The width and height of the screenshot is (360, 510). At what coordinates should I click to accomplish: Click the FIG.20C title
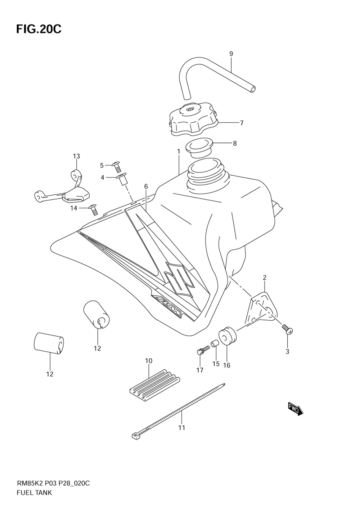(x=39, y=29)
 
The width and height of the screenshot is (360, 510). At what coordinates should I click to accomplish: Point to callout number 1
(x=178, y=152)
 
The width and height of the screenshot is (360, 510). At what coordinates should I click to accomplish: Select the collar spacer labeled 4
(x=122, y=179)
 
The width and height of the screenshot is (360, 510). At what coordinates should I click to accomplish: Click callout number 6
(x=146, y=186)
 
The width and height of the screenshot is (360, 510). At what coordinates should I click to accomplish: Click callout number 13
(x=76, y=156)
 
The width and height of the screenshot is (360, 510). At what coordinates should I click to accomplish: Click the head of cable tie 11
(x=135, y=436)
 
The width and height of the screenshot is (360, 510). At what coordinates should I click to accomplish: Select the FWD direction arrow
(x=296, y=409)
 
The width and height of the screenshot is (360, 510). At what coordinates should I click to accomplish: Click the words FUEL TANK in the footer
(x=34, y=493)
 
